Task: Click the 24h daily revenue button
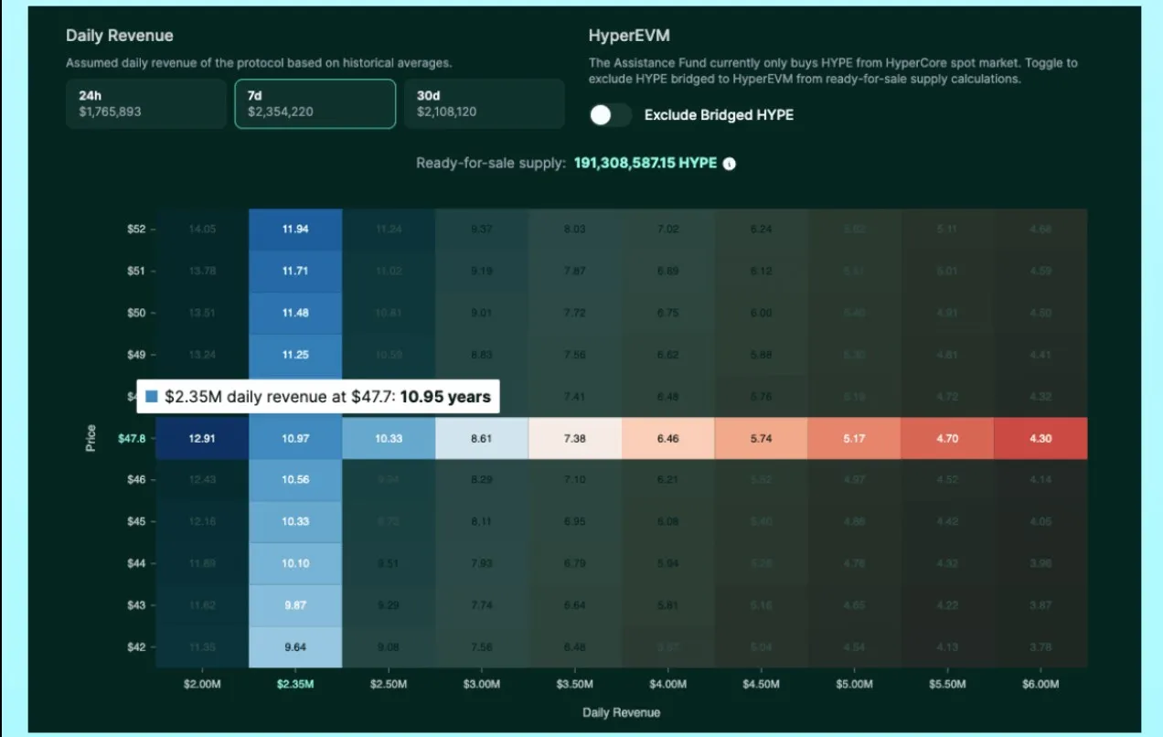point(145,103)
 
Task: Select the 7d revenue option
point(315,103)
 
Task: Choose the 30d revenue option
point(484,103)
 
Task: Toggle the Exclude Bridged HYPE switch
point(611,115)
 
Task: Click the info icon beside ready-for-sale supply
point(730,165)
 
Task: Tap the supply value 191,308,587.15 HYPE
point(645,164)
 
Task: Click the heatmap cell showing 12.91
point(202,439)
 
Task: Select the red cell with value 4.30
point(1040,439)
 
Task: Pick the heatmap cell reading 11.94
point(295,230)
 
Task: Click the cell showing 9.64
point(295,647)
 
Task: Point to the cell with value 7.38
point(574,439)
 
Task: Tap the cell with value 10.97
point(295,439)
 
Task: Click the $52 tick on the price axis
point(136,230)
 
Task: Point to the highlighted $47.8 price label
point(131,439)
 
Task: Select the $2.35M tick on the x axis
point(295,684)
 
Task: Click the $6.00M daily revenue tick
point(1040,684)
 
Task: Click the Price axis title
point(91,438)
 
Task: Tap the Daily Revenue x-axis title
point(621,712)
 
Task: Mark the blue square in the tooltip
point(152,397)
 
